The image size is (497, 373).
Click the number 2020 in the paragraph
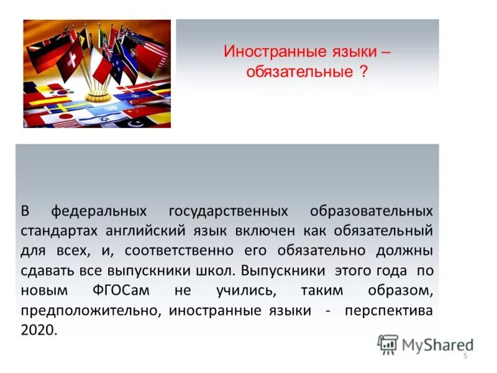click(x=39, y=331)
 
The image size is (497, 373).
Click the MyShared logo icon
click(x=388, y=344)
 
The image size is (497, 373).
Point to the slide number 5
click(x=465, y=356)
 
